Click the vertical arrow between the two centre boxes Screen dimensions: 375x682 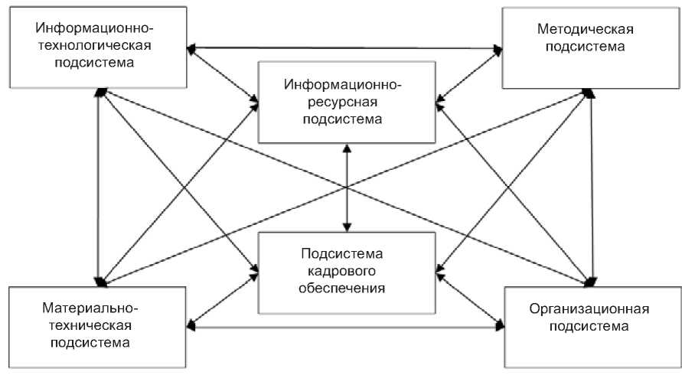[348, 187]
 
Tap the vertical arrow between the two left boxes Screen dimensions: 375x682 [99, 184]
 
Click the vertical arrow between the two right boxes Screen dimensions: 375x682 [592, 184]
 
